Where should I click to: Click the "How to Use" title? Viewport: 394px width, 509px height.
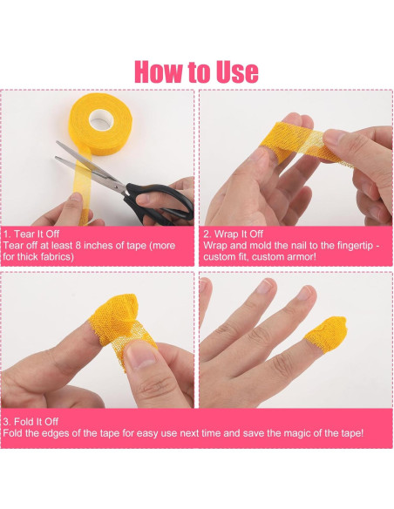pos(196,71)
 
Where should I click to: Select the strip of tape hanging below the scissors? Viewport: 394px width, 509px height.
pos(85,196)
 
